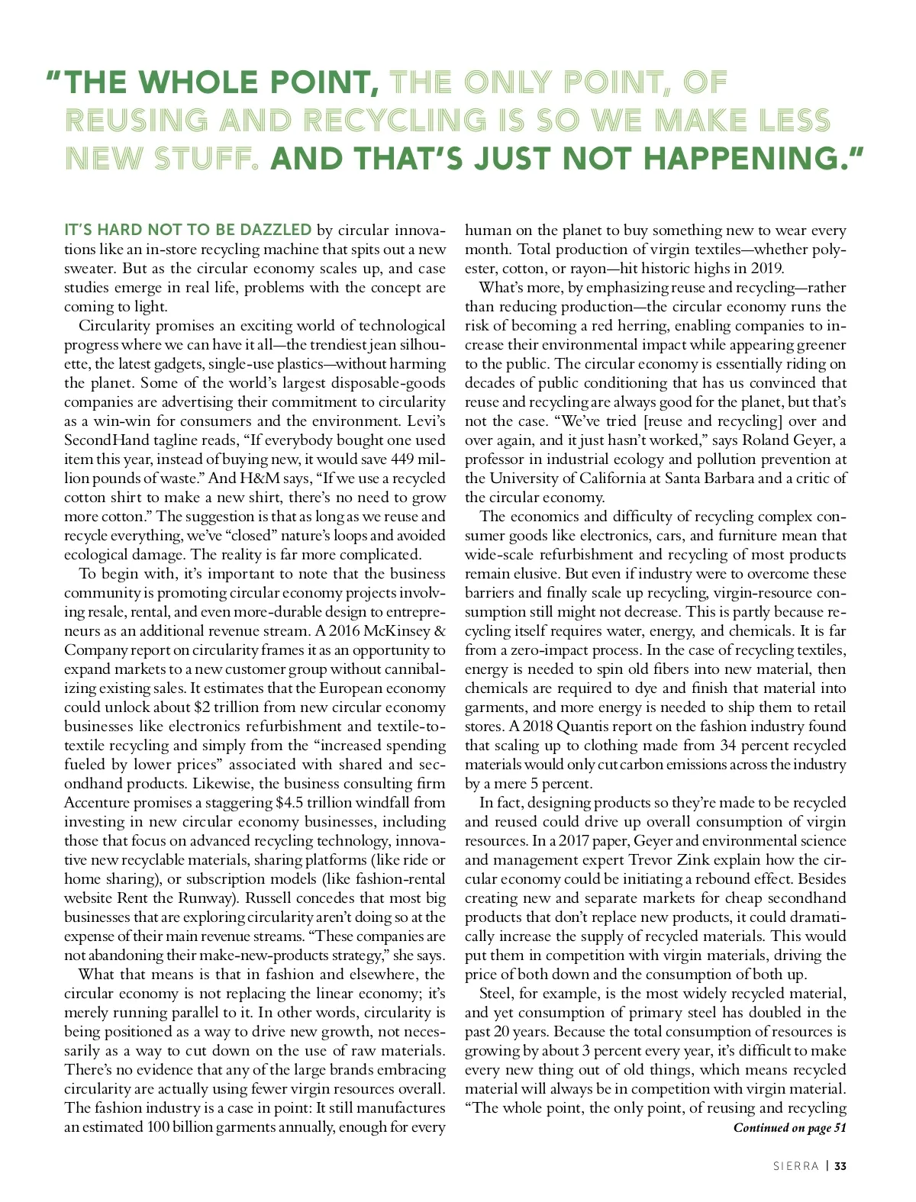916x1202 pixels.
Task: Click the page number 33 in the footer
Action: [840, 1166]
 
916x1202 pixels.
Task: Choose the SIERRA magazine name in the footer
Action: [795, 1166]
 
